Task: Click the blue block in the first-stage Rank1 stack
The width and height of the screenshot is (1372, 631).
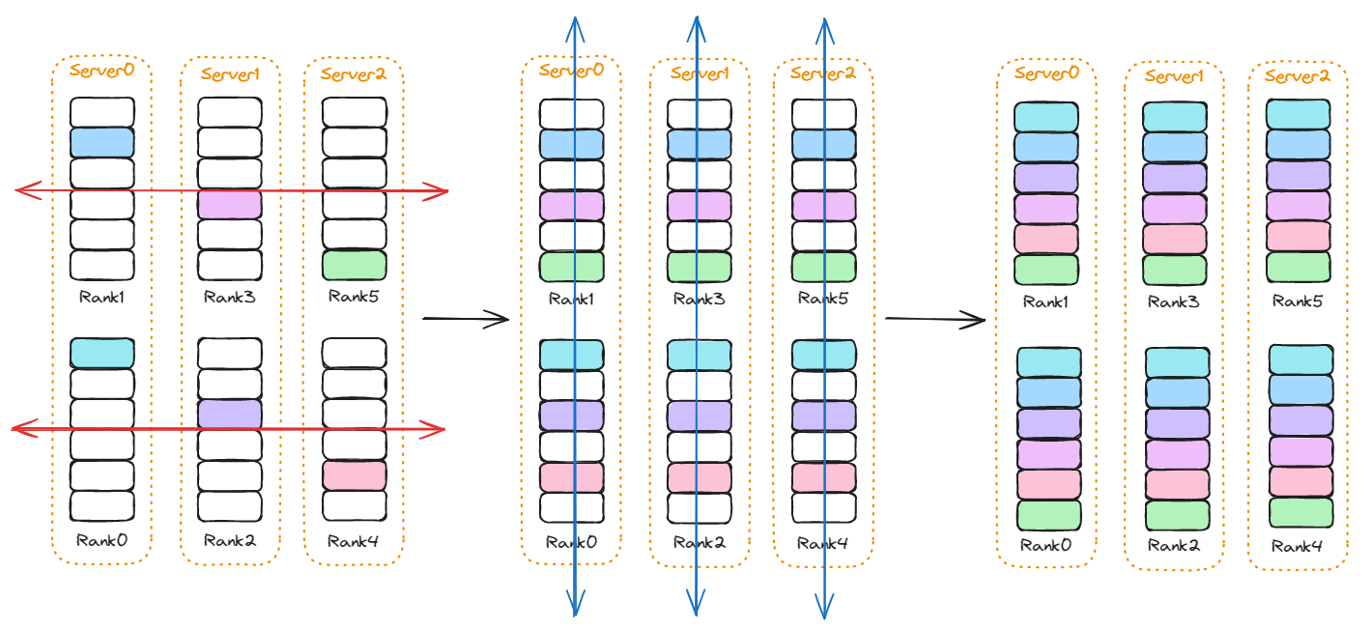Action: pyautogui.click(x=101, y=143)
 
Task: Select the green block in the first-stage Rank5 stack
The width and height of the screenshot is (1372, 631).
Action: pyautogui.click(x=354, y=265)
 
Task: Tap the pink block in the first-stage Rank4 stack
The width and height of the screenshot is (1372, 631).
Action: pyautogui.click(x=354, y=474)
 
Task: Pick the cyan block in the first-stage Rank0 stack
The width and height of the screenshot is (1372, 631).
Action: pyautogui.click(x=101, y=353)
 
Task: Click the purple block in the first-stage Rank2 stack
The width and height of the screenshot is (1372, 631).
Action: pyautogui.click(x=229, y=414)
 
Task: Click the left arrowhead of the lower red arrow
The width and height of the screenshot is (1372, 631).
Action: pyautogui.click(x=17, y=427)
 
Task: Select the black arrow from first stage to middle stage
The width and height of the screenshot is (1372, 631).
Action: pyautogui.click(x=466, y=318)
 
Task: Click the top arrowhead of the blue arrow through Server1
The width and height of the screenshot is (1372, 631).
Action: pyautogui.click(x=696, y=21)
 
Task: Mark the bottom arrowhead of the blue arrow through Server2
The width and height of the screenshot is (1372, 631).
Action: pyautogui.click(x=823, y=611)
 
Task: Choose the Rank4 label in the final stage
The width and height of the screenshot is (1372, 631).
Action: pyautogui.click(x=1297, y=547)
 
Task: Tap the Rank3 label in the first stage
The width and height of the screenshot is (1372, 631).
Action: pyautogui.click(x=229, y=297)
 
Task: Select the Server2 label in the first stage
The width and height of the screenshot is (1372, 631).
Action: pyautogui.click(x=353, y=73)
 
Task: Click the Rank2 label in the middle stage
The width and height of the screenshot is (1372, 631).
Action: pyautogui.click(x=698, y=542)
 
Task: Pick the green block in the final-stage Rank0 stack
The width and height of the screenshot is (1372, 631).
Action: pyautogui.click(x=1049, y=514)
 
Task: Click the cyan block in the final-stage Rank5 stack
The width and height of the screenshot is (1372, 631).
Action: pyautogui.click(x=1299, y=115)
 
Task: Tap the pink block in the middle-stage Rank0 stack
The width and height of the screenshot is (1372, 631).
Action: pyautogui.click(x=571, y=476)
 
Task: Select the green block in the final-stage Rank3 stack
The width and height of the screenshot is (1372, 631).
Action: pyautogui.click(x=1175, y=270)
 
